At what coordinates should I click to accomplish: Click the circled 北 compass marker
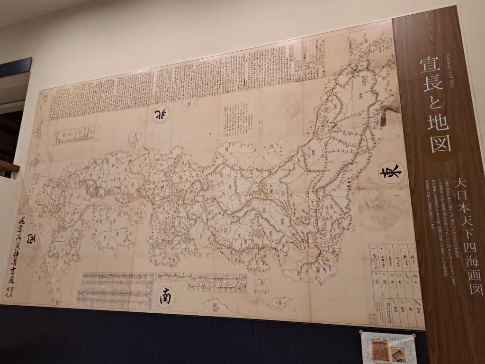(161, 114)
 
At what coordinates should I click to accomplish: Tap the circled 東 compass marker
(392, 172)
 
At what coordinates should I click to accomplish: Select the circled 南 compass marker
(166, 297)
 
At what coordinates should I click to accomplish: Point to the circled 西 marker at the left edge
(31, 237)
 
